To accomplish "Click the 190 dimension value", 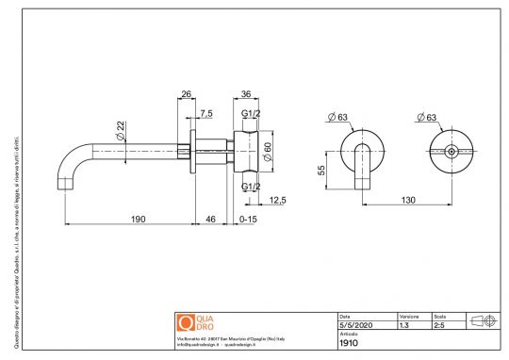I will (x=138, y=219).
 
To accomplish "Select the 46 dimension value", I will (x=210, y=219).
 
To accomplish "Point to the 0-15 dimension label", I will (x=248, y=219).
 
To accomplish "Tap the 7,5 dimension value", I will (x=206, y=113).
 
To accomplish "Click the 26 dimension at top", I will (x=186, y=93).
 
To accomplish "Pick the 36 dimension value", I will (x=246, y=93).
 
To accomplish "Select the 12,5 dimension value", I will (x=277, y=200).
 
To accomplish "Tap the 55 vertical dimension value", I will (x=321, y=171).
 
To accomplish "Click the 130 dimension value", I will (x=410, y=200).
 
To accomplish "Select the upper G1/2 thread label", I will (x=251, y=114).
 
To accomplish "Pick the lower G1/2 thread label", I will (x=251, y=187).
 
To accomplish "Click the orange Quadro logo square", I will (x=185, y=322).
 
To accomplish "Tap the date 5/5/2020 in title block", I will (x=354, y=324).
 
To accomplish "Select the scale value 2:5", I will (x=439, y=324).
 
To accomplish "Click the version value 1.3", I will (x=404, y=324).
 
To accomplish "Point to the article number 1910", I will (x=348, y=343).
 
